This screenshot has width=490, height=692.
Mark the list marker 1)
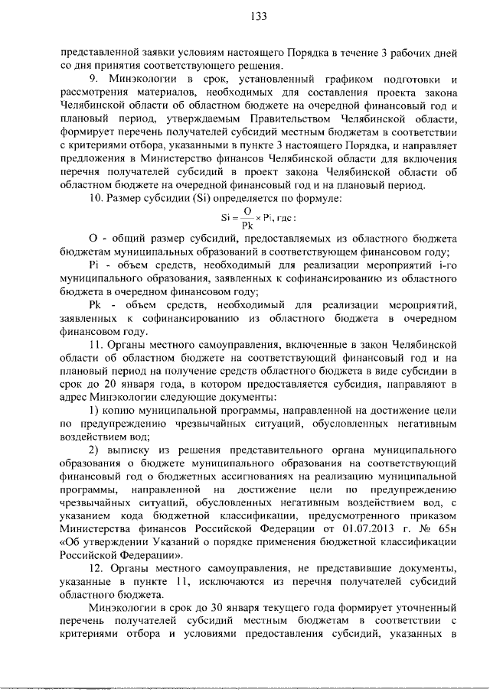point(93,410)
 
